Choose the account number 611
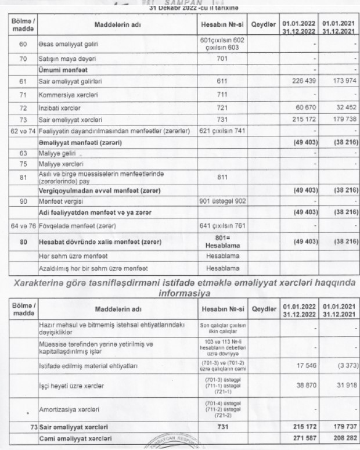221,82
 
